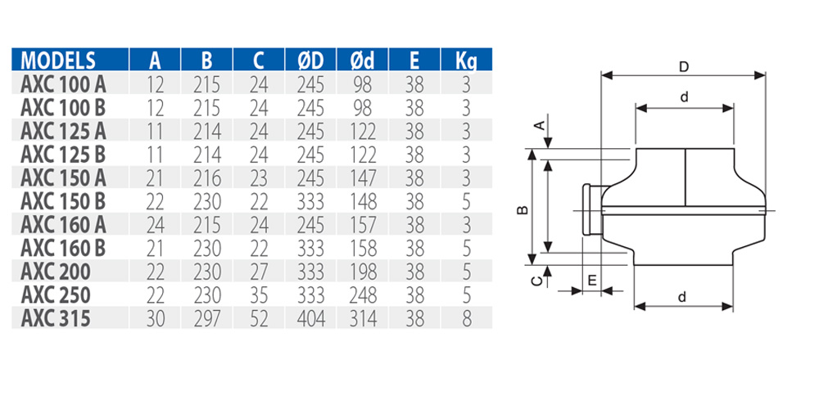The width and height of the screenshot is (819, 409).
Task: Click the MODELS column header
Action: [x=58, y=60]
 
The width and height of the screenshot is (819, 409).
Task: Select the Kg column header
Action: [x=466, y=60]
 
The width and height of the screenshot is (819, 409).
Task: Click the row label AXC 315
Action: [x=55, y=318]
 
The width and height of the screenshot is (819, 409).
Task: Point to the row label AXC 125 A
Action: [x=63, y=130]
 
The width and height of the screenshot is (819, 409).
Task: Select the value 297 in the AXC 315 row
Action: [x=206, y=318]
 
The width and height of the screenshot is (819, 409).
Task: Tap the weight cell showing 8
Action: [x=466, y=318]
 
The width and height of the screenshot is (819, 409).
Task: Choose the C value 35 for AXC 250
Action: [x=259, y=294]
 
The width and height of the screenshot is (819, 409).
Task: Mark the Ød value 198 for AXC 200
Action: [x=362, y=271]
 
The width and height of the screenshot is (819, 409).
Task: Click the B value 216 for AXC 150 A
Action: [x=206, y=178]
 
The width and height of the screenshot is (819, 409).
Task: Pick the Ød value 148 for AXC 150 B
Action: [x=362, y=200]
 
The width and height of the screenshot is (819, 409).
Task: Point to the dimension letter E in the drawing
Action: [x=590, y=280]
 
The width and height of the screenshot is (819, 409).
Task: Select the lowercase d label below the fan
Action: [x=682, y=298]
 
